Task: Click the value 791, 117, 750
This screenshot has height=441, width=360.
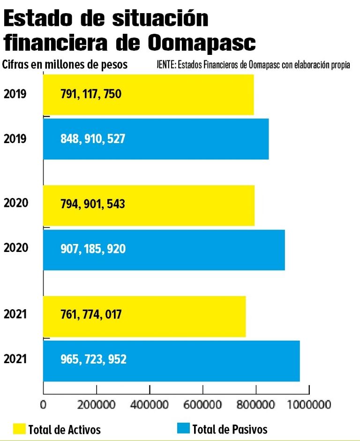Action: tap(91, 94)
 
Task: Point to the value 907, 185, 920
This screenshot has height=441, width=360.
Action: tap(93, 250)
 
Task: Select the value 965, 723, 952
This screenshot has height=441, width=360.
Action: tap(93, 360)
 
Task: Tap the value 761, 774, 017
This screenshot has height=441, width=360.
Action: tap(91, 314)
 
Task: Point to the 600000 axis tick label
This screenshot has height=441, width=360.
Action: tap(202, 403)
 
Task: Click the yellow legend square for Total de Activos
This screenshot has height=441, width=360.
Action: tap(19, 428)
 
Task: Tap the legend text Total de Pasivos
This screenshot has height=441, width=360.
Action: tap(230, 429)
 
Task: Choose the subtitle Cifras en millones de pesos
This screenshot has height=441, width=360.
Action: tap(65, 64)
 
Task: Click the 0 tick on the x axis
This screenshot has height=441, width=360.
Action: tap(44, 403)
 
